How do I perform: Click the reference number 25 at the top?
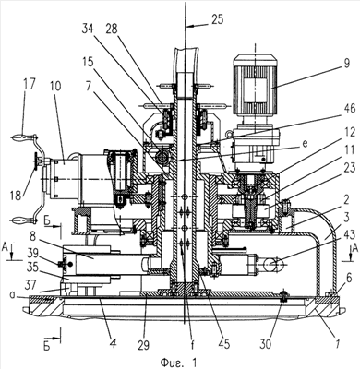pos(217,20)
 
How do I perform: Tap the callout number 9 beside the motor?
pos(347,64)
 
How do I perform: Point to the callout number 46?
pos(348,109)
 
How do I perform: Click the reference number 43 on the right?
pos(348,235)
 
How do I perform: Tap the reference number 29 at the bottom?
pos(143,345)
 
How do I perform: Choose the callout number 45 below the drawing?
pos(223,345)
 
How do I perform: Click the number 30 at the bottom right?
pos(266,345)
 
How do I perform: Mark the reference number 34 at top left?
pos(89,30)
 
